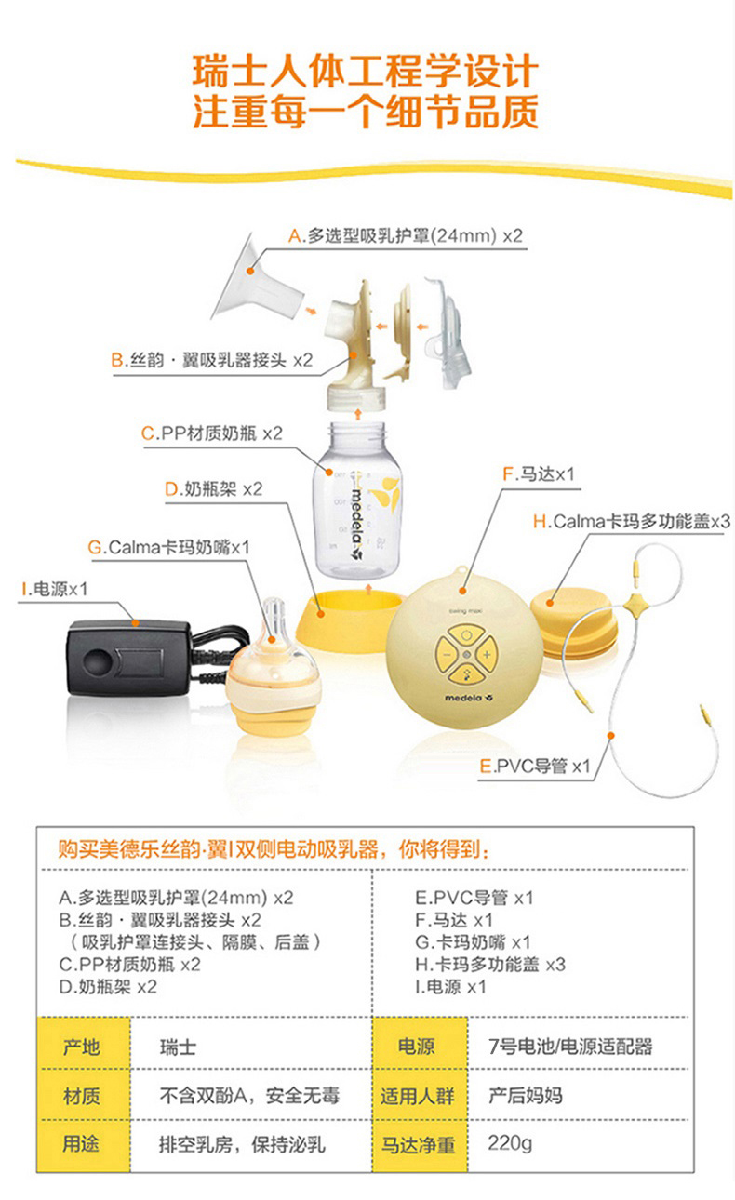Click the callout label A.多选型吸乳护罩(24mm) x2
click(406, 236)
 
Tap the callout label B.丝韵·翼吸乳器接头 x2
click(211, 359)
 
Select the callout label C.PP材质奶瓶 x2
click(211, 433)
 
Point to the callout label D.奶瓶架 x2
click(213, 488)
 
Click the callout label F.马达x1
click(539, 474)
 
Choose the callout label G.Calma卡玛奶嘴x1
click(169, 546)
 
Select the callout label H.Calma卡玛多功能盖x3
click(631, 522)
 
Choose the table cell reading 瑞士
click(178, 1047)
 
